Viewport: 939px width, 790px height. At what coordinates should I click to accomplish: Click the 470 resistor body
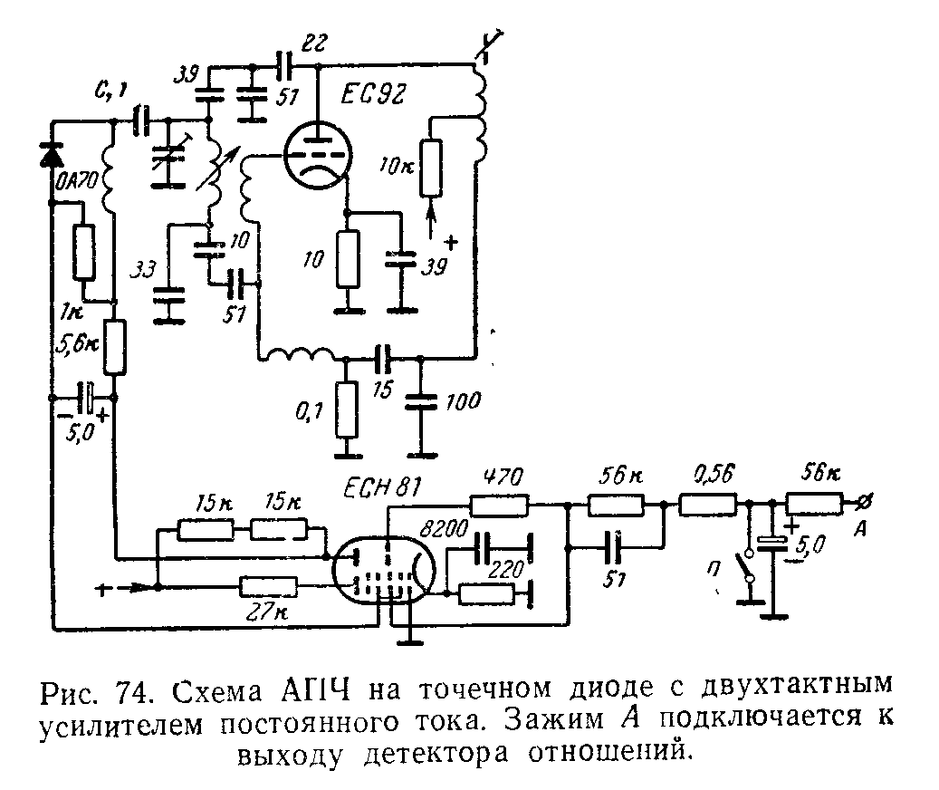point(498,504)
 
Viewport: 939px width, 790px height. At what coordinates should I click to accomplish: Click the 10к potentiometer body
point(433,168)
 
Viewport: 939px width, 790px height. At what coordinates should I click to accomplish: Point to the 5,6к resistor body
point(115,346)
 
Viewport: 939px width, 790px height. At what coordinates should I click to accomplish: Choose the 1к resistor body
point(83,253)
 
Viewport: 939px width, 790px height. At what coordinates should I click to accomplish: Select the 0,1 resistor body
point(345,409)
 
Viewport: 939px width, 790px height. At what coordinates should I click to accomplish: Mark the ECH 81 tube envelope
point(384,572)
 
